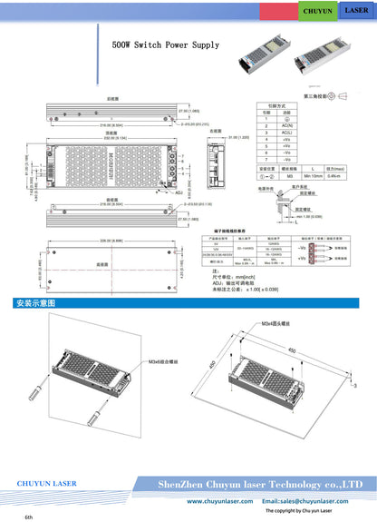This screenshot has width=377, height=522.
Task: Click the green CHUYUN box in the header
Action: pyautogui.click(x=317, y=11)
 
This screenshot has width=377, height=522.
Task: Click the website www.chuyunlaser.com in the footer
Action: pyautogui.click(x=218, y=501)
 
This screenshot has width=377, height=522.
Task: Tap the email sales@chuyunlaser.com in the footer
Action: pyautogui.click(x=304, y=501)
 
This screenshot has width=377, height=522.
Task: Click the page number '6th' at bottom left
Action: pyautogui.click(x=29, y=516)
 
